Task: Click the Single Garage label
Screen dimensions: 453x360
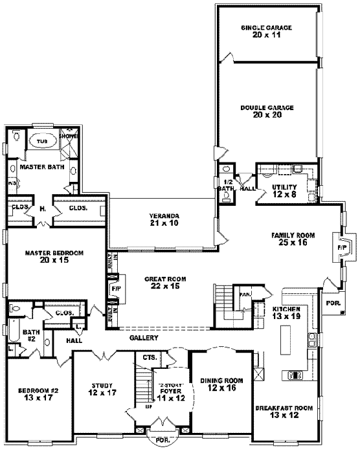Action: point(267,32)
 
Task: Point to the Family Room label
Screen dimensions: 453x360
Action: point(293,239)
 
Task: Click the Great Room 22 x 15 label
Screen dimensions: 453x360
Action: point(166,282)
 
